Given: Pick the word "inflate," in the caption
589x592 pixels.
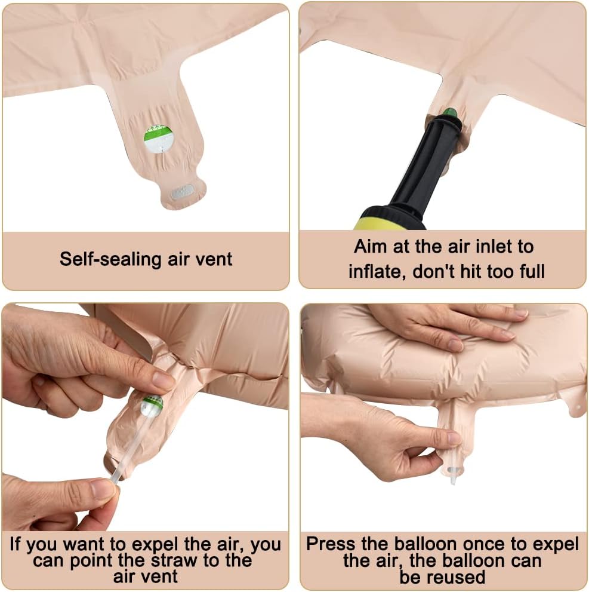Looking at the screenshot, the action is [x=378, y=271].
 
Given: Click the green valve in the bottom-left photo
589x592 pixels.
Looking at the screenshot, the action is [x=152, y=405].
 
